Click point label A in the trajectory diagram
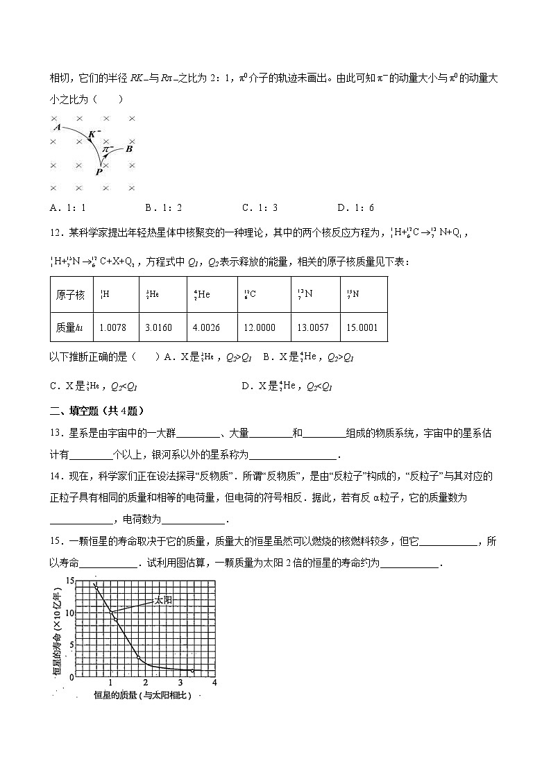[56, 127]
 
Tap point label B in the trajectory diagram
[129, 148]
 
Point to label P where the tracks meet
[99, 172]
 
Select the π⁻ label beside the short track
[108, 148]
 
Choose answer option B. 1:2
[163, 207]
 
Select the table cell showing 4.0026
[207, 327]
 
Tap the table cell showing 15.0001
[362, 327]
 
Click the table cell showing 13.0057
[313, 327]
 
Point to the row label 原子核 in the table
[71, 295]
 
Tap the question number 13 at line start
[57, 434]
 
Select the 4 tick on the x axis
[214, 683]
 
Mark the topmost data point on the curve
[96, 586]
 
